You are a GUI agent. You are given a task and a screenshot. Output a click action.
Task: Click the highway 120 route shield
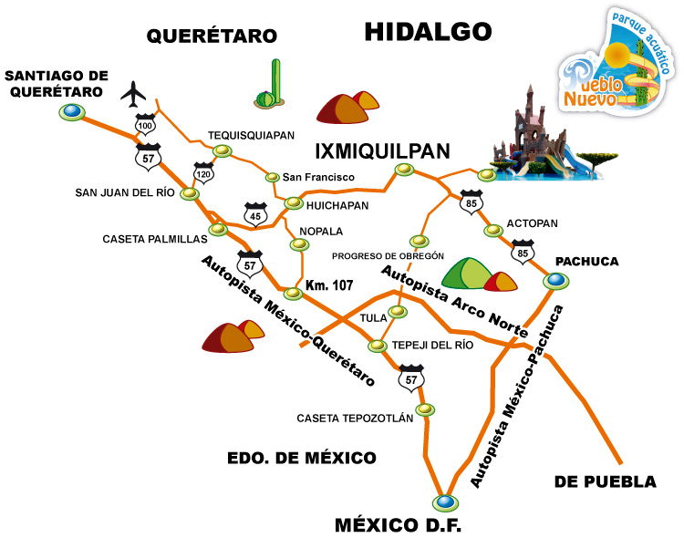[203, 171]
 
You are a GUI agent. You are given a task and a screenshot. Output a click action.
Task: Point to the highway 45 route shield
[255, 212]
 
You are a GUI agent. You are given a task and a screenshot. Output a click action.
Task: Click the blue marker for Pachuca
[553, 281]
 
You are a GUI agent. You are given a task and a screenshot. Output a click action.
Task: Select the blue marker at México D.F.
[444, 502]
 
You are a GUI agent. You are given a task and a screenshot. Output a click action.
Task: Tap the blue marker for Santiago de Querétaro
[71, 112]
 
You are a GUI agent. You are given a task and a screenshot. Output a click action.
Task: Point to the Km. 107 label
[328, 285]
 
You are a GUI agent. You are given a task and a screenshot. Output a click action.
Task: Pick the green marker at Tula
[398, 313]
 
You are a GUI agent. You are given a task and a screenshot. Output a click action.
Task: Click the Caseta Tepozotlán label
[355, 419]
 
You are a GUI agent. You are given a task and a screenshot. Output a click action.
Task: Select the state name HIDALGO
[428, 32]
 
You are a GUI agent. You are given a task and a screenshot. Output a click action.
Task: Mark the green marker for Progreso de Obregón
[419, 242]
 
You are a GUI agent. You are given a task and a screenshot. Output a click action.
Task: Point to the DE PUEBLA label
[605, 481]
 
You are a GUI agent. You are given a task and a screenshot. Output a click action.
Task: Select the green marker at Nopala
[296, 243]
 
